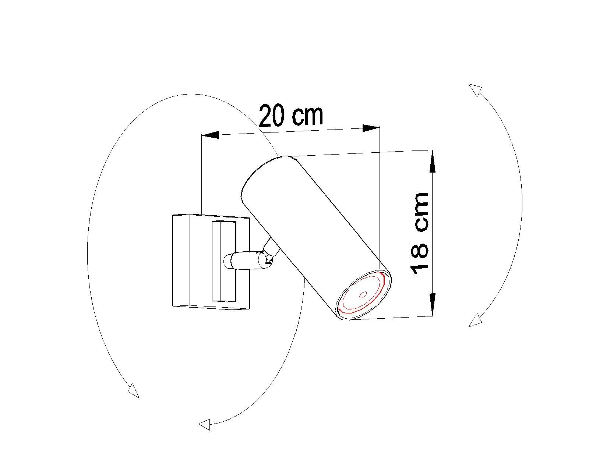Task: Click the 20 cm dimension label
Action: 291,116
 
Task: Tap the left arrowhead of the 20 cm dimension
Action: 210,135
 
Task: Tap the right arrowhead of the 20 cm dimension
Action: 371,128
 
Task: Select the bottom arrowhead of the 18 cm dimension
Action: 433,304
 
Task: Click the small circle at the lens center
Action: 363,295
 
